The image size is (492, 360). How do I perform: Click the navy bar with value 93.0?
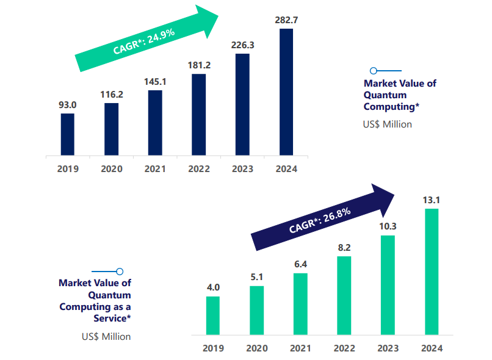click(x=67, y=134)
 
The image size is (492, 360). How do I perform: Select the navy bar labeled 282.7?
click(x=286, y=92)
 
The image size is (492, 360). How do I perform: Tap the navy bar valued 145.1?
click(x=155, y=123)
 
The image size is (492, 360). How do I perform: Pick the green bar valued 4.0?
click(x=212, y=315)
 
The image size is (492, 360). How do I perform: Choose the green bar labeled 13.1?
click(x=432, y=272)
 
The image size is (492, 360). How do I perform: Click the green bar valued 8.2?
click(x=344, y=295)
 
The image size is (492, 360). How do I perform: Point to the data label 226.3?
click(x=242, y=45)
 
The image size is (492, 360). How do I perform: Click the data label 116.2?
click(x=111, y=95)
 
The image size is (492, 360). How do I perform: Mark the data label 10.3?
click(x=388, y=226)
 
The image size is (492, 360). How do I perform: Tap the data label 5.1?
click(x=256, y=277)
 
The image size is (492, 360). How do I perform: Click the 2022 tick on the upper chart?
click(x=199, y=169)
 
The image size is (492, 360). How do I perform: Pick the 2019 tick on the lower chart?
click(x=212, y=348)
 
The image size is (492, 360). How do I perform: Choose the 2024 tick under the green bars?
click(x=432, y=348)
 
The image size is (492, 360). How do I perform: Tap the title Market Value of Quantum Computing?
click(x=400, y=95)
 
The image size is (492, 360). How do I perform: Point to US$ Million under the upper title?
click(x=388, y=124)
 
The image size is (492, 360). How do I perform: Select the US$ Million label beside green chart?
click(x=106, y=336)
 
